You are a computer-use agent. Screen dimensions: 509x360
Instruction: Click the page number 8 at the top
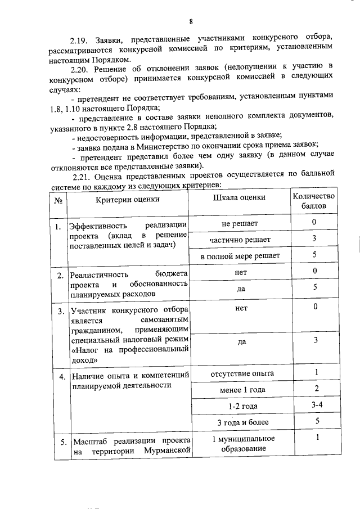[x=191, y=22]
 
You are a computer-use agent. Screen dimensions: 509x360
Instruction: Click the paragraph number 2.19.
[x=78, y=42]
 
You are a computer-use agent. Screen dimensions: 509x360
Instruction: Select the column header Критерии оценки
[x=127, y=199]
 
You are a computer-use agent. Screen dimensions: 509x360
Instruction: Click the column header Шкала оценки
[x=240, y=198]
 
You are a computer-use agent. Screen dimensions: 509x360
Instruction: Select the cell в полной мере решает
[x=240, y=256]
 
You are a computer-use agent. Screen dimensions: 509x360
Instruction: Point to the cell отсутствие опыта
[x=242, y=373]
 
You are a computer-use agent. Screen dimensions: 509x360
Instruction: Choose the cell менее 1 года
[x=242, y=389]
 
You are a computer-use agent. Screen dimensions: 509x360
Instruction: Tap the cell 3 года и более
[x=242, y=421]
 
